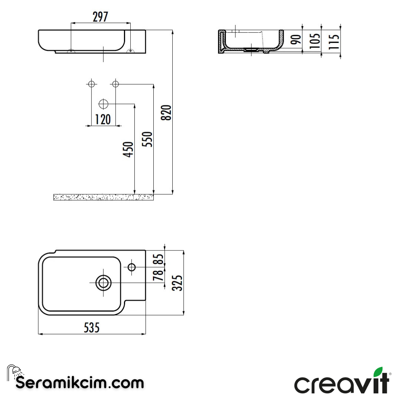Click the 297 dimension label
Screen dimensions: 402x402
pos(100,17)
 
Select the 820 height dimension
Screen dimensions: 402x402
pos(167,112)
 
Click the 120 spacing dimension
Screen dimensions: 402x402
pos(103,119)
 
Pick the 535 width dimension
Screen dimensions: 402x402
pos(92,328)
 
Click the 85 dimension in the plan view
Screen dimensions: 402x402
pos(159,259)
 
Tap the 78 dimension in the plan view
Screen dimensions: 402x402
pos(159,275)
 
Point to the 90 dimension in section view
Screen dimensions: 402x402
pos(296,39)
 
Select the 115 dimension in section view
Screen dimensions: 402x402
pos(334,41)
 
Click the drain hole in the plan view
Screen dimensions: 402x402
pos(103,283)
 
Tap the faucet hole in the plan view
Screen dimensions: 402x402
pos(131,267)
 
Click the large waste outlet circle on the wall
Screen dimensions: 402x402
pos(103,103)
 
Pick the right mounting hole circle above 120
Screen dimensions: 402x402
pos(115,84)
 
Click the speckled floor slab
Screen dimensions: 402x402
pos(103,197)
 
